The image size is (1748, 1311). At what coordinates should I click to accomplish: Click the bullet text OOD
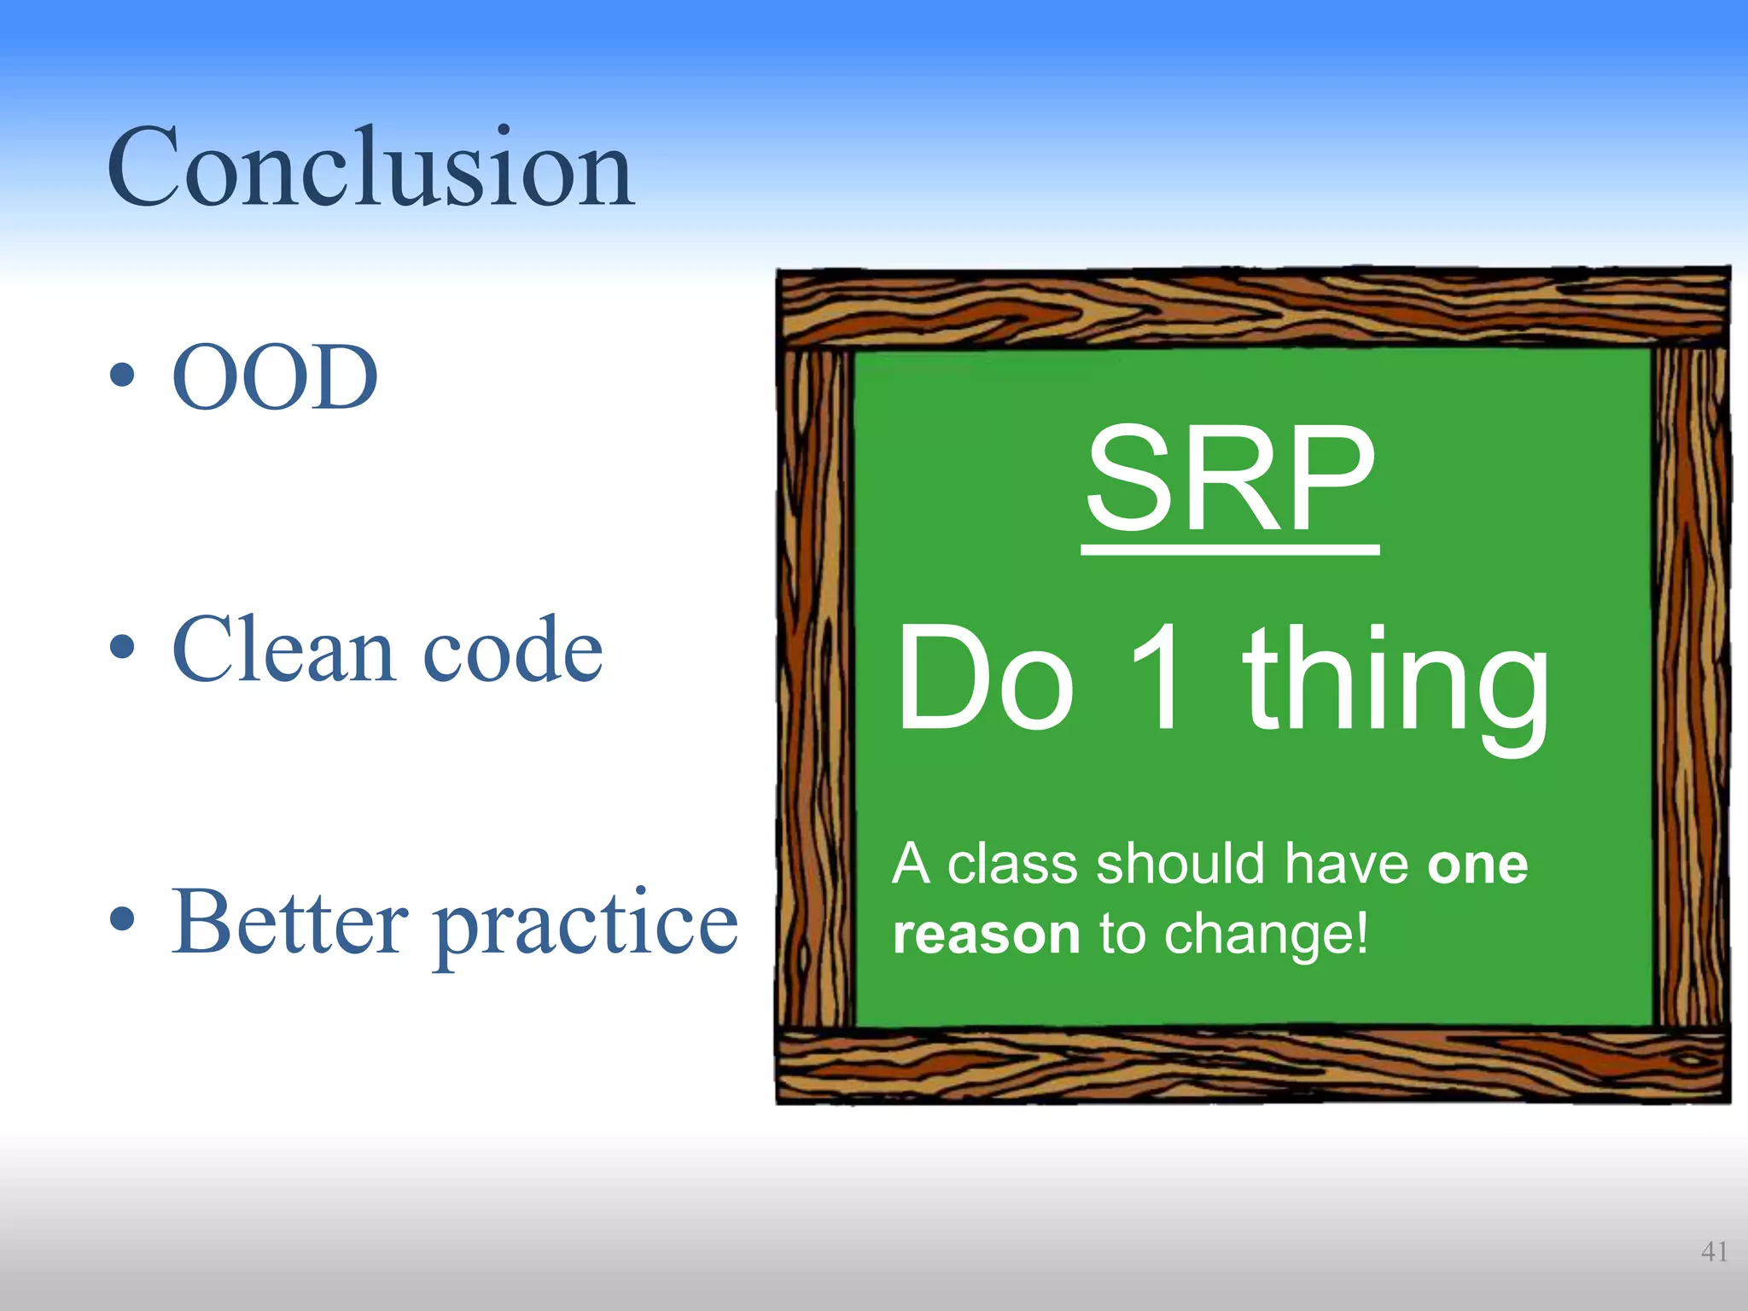pos(275,377)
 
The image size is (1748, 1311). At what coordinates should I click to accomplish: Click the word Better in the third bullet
pos(290,923)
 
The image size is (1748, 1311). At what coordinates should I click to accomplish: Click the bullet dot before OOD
pos(122,376)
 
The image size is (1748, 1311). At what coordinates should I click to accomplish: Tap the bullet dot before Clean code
pos(122,648)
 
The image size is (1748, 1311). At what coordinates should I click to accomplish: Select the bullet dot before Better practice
pos(122,920)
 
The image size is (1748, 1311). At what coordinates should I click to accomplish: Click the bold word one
pos(1477,865)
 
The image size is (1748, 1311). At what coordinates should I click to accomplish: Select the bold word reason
pos(987,935)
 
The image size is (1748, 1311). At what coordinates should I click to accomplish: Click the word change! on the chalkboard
pos(1267,935)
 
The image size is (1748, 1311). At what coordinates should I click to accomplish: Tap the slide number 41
pos(1714,1251)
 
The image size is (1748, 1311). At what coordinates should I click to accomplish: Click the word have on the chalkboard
pos(1347,864)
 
